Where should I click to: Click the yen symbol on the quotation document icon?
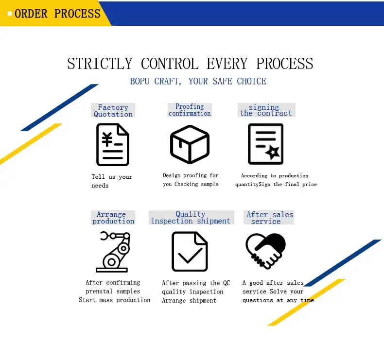107,139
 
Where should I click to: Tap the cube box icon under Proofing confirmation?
190,144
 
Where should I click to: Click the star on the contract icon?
272,152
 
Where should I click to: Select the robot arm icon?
113,252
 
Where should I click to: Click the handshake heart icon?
265,251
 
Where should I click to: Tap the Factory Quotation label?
113,110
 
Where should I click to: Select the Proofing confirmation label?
190,110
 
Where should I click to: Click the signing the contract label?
266,110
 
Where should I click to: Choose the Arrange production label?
113,218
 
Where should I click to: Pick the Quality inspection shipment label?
191,217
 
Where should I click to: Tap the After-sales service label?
269,218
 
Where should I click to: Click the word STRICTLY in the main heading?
100,64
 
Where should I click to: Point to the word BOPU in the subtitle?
140,81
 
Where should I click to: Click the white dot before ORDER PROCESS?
10,14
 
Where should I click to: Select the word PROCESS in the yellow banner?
77,14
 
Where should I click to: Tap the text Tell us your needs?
112,181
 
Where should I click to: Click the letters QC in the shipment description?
227,283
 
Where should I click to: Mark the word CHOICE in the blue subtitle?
251,81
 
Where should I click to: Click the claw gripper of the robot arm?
105,236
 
